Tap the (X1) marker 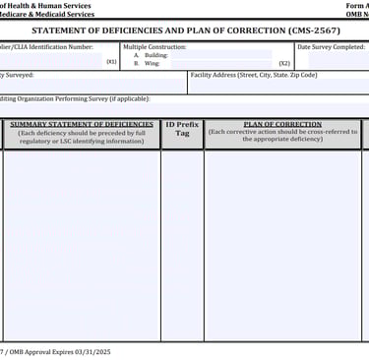(111, 62)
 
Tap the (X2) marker (284, 63)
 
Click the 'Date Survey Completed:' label (332, 46)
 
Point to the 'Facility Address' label (254, 75)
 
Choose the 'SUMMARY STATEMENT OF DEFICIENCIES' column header (82, 125)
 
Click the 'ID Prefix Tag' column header (182, 129)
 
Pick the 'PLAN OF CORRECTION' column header (282, 125)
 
